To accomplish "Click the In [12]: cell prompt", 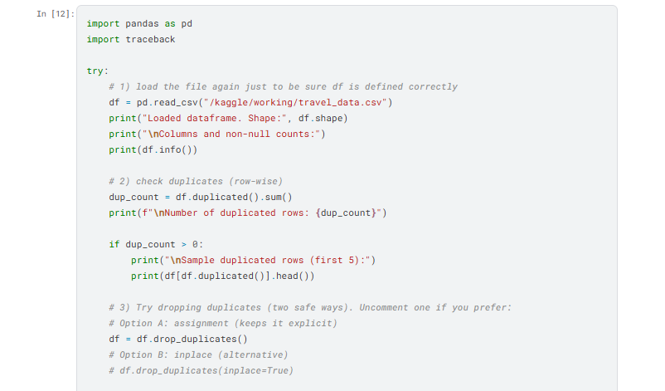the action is point(55,14).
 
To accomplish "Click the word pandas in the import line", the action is point(142,24).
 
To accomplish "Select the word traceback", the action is point(150,40).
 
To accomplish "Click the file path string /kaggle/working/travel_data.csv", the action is point(296,102).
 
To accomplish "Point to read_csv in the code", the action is point(176,102).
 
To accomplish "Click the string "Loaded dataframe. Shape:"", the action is point(214,118).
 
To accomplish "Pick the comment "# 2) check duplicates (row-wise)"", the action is point(196,181).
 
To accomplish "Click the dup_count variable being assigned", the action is point(133,197).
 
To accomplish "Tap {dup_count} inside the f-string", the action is point(346,213).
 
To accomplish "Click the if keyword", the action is point(114,245).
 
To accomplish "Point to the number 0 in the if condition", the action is point(195,245).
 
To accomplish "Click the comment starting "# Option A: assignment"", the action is point(223,323).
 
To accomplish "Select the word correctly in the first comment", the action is point(433,86).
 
